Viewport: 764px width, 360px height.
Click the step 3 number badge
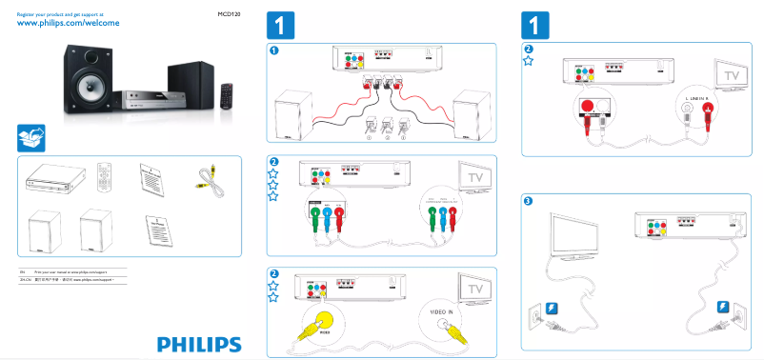529,201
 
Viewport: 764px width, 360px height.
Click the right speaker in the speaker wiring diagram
474,117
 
